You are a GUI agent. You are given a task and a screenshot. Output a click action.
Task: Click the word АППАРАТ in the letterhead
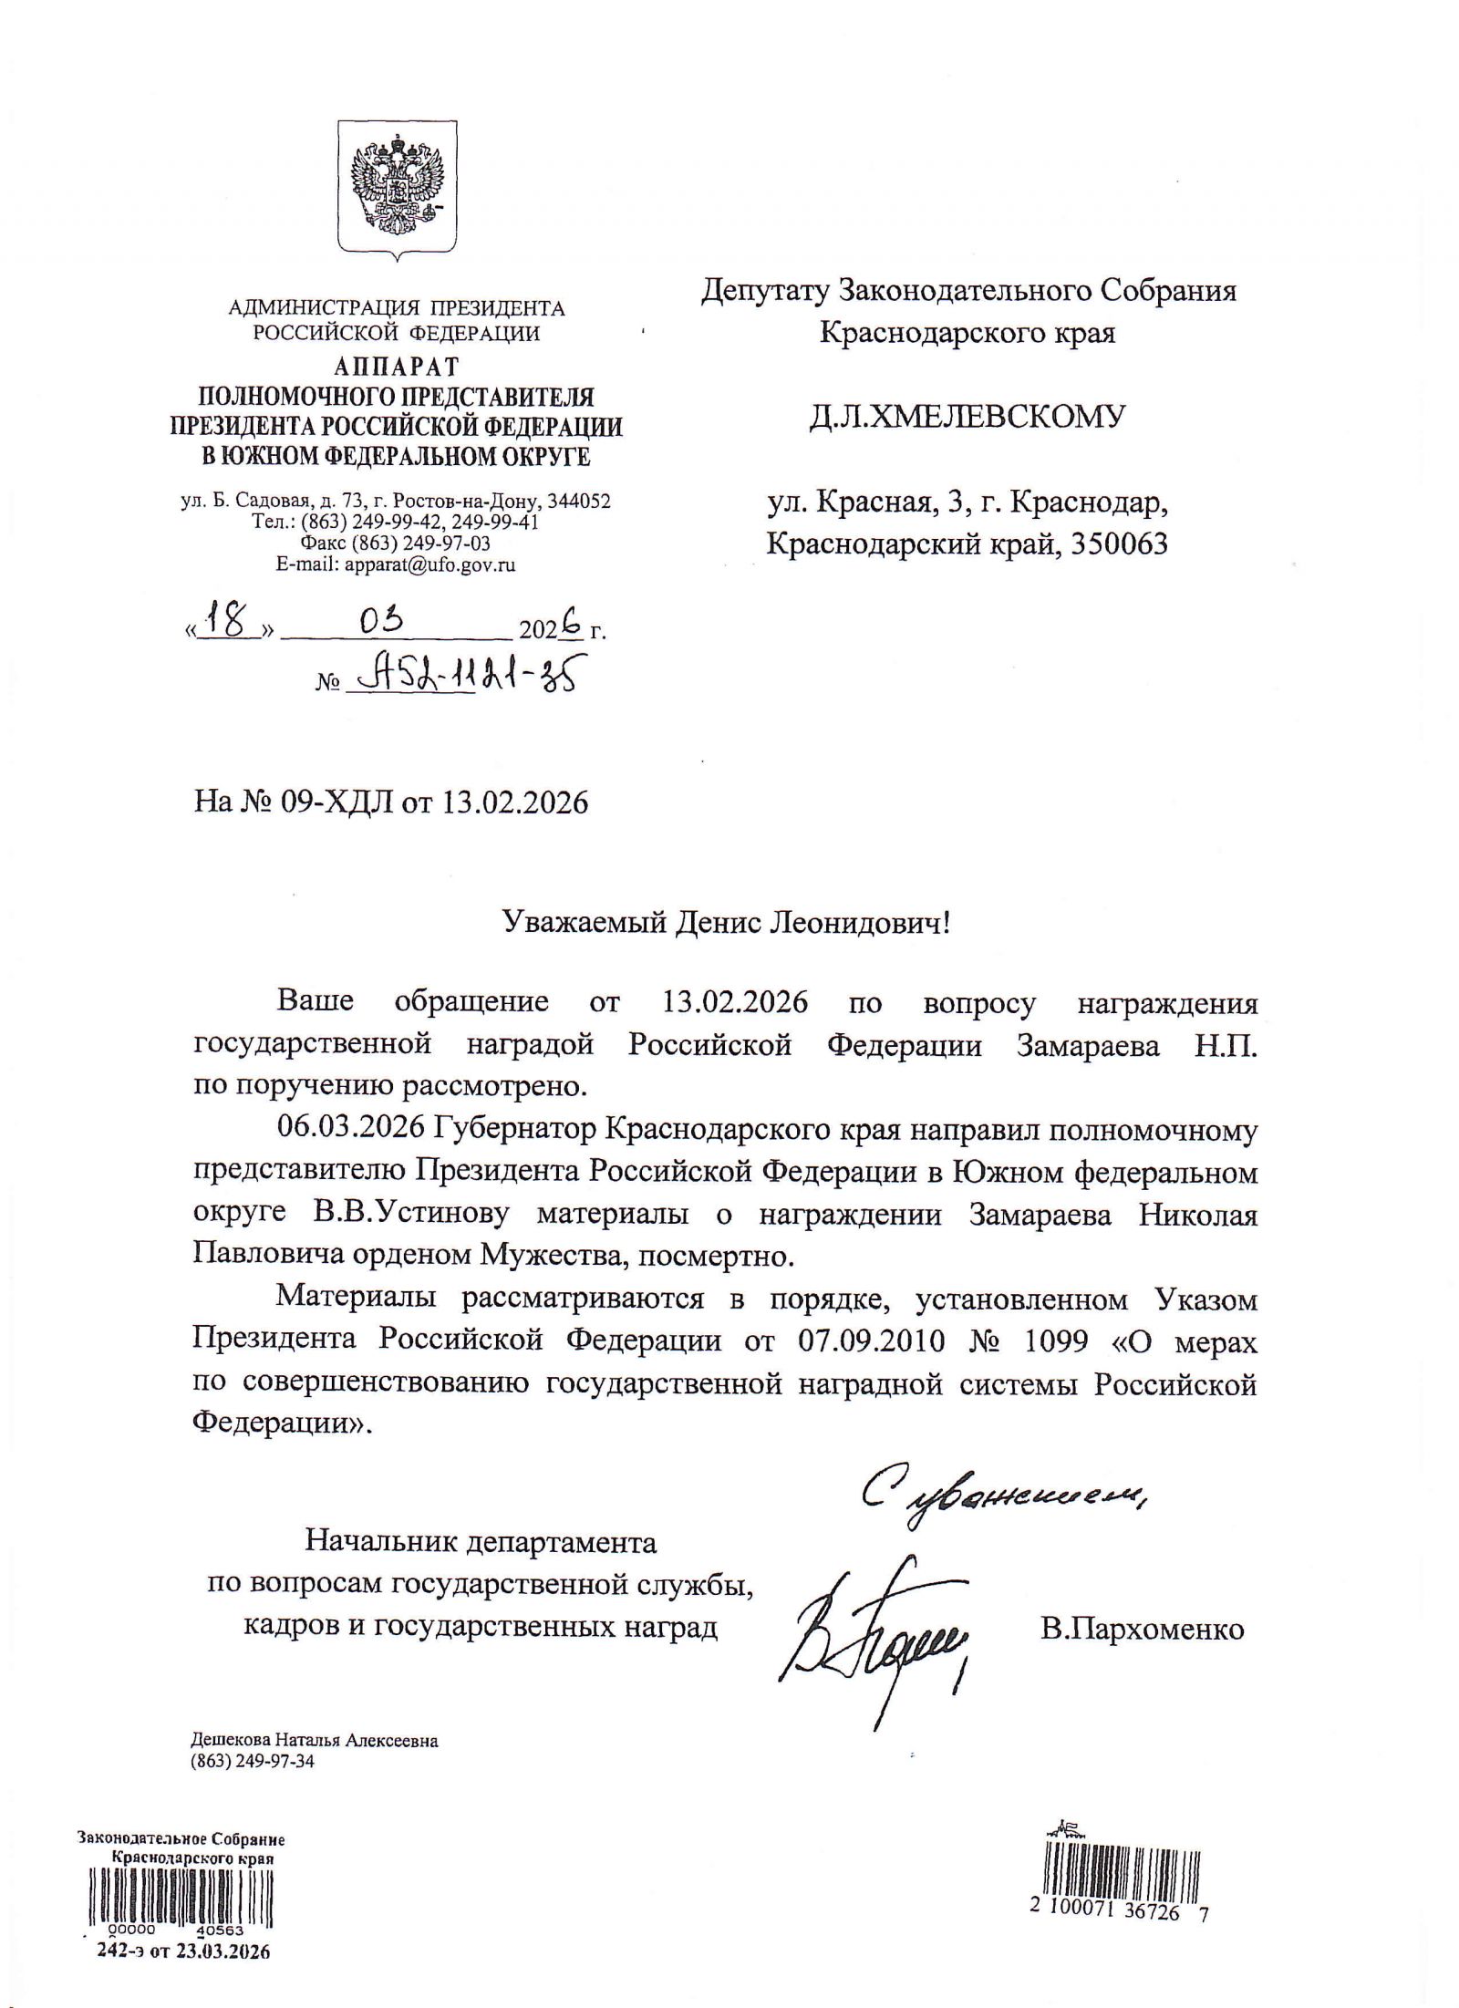[396, 367]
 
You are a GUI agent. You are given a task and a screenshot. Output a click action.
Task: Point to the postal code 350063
[1109, 544]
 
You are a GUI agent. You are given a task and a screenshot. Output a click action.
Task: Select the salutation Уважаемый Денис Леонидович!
[727, 925]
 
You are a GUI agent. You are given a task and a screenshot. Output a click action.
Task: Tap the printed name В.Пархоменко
[1142, 1629]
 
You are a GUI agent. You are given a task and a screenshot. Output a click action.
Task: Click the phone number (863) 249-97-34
[252, 1761]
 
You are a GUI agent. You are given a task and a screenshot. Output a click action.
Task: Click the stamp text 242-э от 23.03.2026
[183, 1951]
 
